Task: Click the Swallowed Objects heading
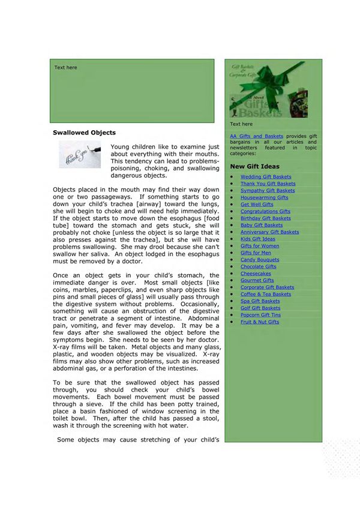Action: coord(84,132)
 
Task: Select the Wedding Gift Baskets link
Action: coord(266,177)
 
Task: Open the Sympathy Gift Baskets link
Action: coord(268,191)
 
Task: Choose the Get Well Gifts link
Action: coord(257,205)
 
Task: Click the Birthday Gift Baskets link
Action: coord(266,218)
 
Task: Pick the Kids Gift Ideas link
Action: coord(258,239)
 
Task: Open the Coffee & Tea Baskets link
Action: coord(266,294)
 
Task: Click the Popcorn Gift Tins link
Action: coord(260,315)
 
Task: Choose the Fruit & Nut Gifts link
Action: coord(260,322)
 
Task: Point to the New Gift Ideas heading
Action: coord(254,166)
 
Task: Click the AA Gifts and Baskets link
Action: coord(256,137)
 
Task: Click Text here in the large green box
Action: coord(65,68)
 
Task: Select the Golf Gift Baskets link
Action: coord(260,308)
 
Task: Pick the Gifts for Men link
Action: coord(256,253)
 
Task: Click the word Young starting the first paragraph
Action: coord(121,147)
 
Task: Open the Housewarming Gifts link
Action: coord(264,197)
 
